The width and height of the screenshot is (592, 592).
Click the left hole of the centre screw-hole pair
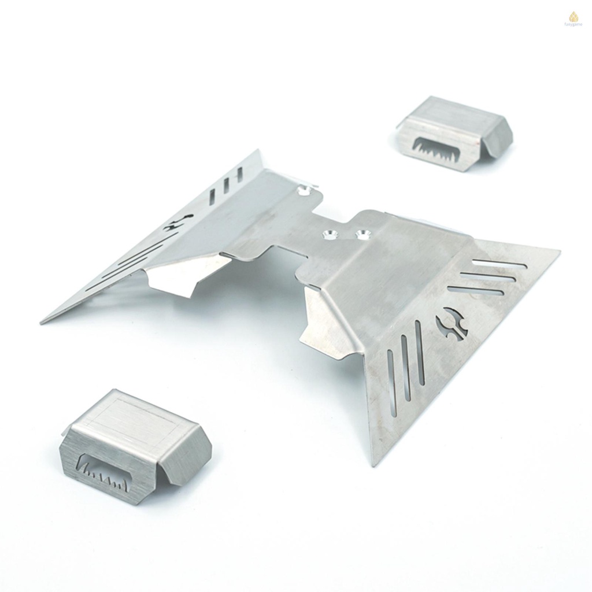pos(330,234)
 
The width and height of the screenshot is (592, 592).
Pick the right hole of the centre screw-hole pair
pos(363,234)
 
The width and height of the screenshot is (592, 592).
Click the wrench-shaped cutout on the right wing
pos(452,325)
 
